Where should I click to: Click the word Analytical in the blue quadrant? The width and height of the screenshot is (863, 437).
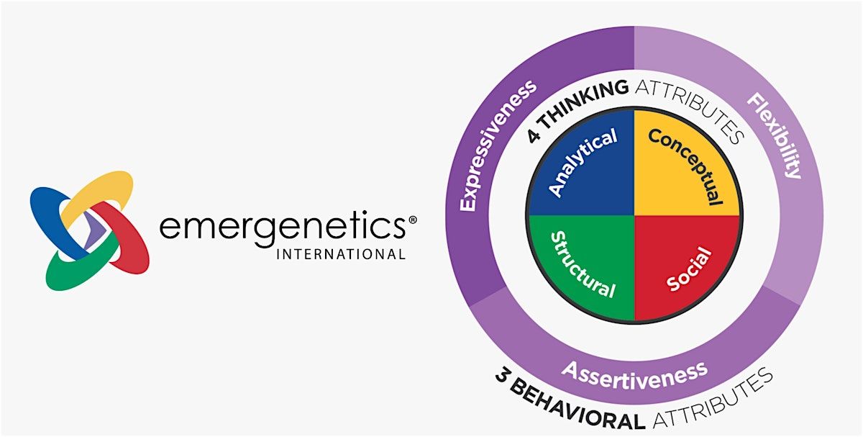(x=583, y=163)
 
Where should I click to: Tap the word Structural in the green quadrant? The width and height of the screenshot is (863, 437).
(x=583, y=265)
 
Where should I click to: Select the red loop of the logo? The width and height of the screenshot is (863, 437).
(x=128, y=241)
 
